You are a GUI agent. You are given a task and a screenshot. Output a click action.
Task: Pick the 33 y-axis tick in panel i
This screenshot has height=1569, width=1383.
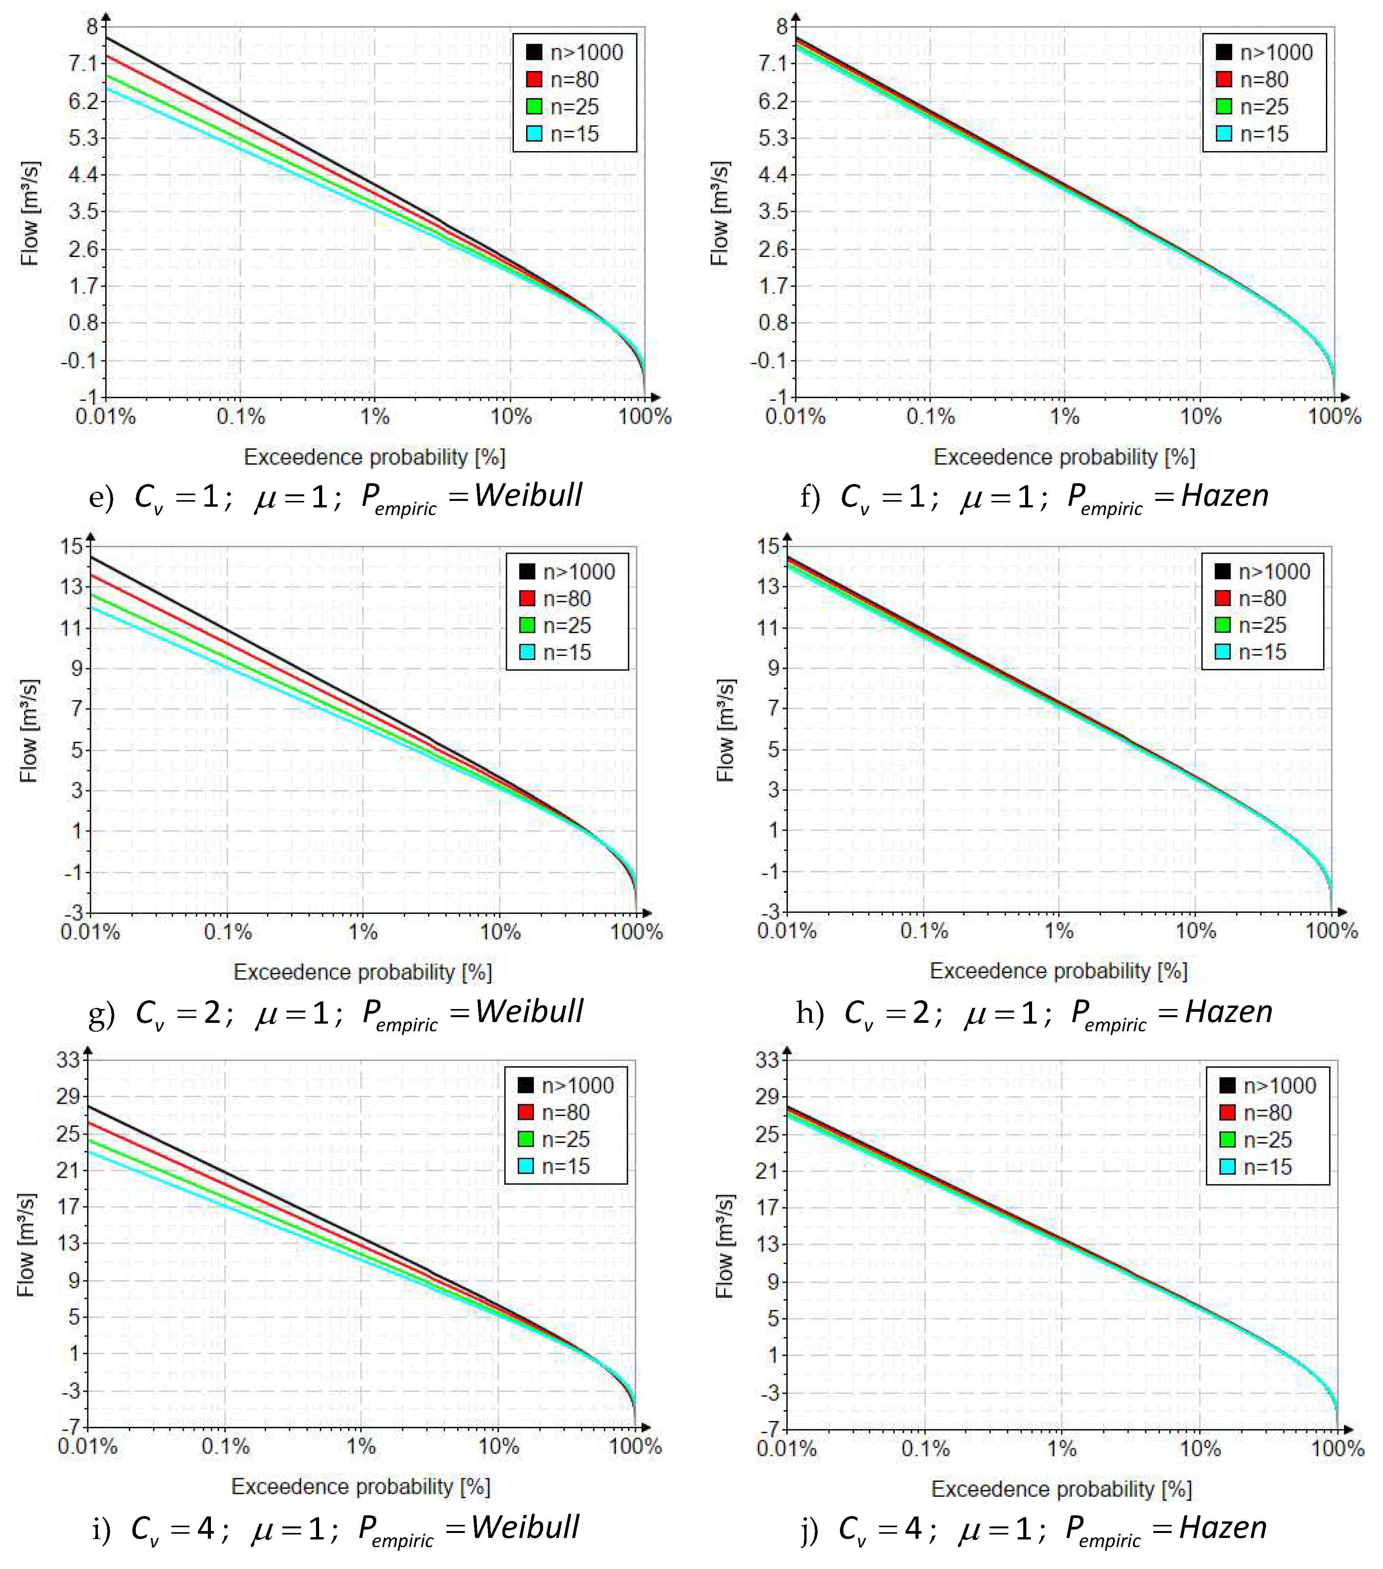tap(68, 1060)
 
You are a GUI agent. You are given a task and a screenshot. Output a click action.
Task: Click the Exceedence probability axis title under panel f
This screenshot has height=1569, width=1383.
tap(1064, 458)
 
